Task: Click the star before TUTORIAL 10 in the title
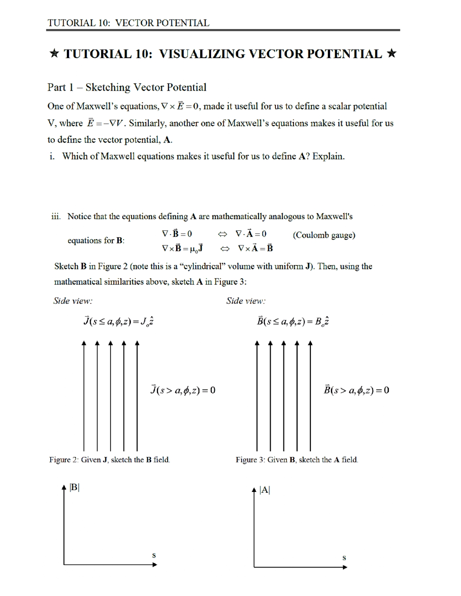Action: pos(54,54)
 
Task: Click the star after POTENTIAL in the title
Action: pos(392,54)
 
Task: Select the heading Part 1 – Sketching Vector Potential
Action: pos(127,87)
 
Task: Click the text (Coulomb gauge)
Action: pos(324,235)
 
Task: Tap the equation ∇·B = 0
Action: pos(177,234)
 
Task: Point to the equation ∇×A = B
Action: pos(255,248)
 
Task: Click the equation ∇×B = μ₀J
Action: pos(182,248)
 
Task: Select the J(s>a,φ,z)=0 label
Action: pos(183,390)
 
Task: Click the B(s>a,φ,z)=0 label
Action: pos(357,390)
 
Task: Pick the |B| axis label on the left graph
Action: pos(74,487)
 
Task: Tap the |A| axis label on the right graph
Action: pos(265,490)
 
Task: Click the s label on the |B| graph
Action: pos(154,555)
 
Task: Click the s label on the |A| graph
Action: pos(344,558)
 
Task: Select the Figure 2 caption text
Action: pos(110,460)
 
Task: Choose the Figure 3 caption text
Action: pos(297,460)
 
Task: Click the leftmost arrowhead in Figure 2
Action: pos(84,343)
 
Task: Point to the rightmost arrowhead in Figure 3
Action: pos(310,343)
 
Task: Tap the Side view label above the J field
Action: pos(73,301)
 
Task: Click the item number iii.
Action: pos(56,216)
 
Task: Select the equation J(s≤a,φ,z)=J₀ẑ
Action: pos(119,321)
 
